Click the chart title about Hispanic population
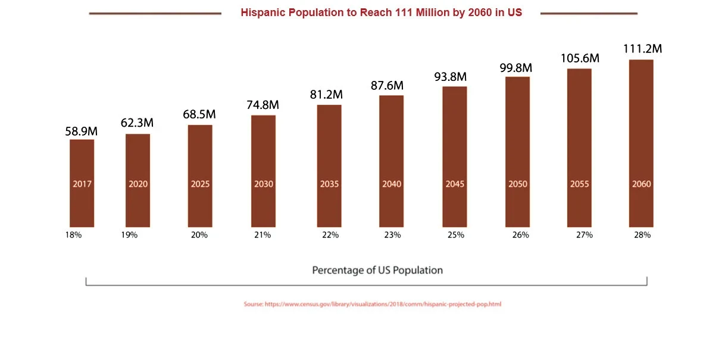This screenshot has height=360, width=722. point(382,12)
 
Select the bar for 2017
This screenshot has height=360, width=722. point(82,183)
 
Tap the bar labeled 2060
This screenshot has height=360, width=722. point(641,143)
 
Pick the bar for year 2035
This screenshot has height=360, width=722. point(329,165)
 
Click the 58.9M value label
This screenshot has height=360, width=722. point(81,131)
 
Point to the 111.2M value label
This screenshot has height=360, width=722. point(642,49)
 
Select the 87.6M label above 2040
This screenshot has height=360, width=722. point(387,86)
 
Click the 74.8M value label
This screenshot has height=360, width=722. point(262,105)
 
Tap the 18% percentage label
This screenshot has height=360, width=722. point(73,235)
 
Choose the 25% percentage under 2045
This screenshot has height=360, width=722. point(456,235)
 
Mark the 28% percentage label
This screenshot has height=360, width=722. point(642,235)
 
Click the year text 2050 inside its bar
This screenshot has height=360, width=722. point(518,184)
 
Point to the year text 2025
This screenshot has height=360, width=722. point(200,184)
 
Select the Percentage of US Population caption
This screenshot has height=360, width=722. point(377,270)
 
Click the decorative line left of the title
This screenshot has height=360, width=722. point(155,13)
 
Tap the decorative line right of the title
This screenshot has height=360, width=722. point(589,13)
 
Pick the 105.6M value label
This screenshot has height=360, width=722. point(580,58)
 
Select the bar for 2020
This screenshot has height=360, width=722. point(137,180)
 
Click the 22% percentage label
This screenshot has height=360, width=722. point(330,235)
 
